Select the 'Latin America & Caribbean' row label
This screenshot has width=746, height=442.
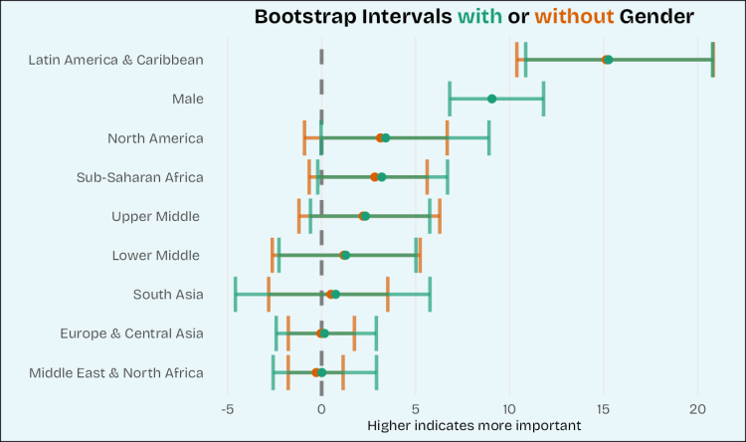(115, 60)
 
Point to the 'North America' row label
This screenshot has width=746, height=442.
(155, 138)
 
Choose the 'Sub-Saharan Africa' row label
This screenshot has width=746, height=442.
(140, 177)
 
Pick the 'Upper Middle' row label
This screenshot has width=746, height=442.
(156, 216)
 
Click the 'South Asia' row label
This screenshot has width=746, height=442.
(168, 294)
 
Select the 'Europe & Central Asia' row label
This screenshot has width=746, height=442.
(131, 333)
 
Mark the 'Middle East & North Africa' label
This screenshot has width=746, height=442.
(116, 372)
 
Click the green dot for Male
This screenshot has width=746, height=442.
(491, 99)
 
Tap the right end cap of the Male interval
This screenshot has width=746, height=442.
(543, 99)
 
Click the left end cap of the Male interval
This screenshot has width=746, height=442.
(450, 99)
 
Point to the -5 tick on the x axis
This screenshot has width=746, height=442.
(228, 408)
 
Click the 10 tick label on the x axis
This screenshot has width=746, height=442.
(509, 408)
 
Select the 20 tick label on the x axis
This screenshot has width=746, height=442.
(697, 408)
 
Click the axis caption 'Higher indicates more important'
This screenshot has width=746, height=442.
(473, 425)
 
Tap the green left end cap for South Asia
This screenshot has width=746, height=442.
(236, 295)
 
